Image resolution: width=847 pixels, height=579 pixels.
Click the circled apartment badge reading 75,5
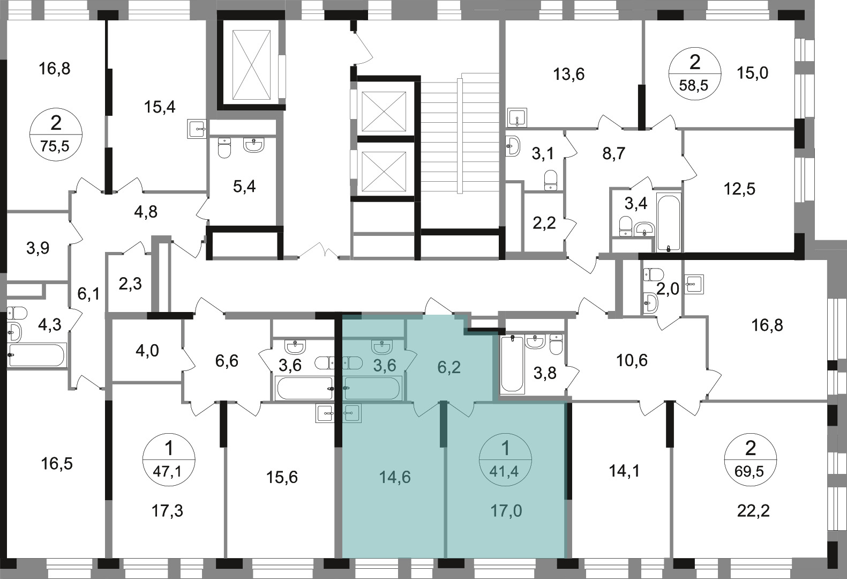click(x=56, y=135)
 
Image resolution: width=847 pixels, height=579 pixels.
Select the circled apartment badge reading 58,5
click(x=695, y=74)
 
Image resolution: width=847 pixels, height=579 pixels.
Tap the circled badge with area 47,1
click(x=169, y=459)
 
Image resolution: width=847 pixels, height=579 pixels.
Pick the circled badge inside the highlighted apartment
click(x=505, y=459)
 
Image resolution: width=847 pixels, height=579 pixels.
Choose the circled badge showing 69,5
click(x=750, y=459)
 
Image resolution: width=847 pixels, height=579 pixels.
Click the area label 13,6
click(x=569, y=74)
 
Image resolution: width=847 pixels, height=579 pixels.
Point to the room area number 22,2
click(x=753, y=511)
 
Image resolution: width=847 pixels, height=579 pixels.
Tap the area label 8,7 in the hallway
click(x=614, y=154)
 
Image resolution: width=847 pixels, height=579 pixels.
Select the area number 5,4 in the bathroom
click(x=244, y=186)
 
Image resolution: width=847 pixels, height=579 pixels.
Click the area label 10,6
click(x=632, y=360)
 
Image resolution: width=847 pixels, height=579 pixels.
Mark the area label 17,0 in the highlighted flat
click(x=506, y=510)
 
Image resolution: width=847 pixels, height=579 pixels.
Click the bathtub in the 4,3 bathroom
click(x=37, y=355)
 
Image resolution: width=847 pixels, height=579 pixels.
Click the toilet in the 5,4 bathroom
click(x=224, y=148)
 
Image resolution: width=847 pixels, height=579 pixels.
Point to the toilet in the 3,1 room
click(x=551, y=180)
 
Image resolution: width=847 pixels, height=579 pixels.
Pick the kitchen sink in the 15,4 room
click(x=197, y=129)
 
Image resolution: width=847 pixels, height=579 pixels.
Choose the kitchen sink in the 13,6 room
click(x=517, y=118)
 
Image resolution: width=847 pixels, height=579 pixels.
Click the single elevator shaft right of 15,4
click(x=251, y=65)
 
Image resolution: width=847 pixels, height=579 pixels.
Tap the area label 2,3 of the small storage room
click(x=130, y=283)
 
